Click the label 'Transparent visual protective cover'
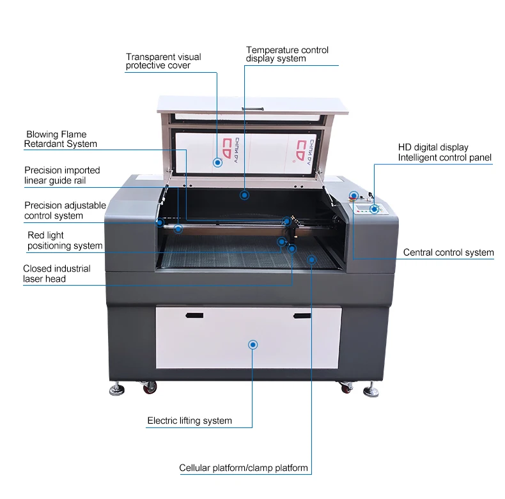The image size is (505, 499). (x=163, y=61)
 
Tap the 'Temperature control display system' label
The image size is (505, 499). (x=287, y=54)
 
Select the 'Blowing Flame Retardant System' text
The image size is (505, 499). (x=60, y=139)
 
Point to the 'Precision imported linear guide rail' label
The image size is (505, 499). (x=62, y=175)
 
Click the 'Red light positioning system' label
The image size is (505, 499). (x=65, y=241)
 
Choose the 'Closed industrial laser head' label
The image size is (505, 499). (x=56, y=273)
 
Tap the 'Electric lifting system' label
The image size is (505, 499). (x=189, y=420)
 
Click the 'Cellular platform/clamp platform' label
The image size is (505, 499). (x=243, y=468)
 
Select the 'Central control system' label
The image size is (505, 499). (x=448, y=252)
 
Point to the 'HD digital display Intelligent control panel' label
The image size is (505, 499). (x=444, y=152)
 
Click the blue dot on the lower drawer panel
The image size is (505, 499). (x=253, y=344)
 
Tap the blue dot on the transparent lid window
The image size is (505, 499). (x=218, y=163)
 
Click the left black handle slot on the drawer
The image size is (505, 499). (x=194, y=316)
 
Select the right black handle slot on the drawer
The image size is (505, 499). (x=302, y=316)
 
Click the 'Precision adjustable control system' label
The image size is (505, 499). (x=65, y=210)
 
